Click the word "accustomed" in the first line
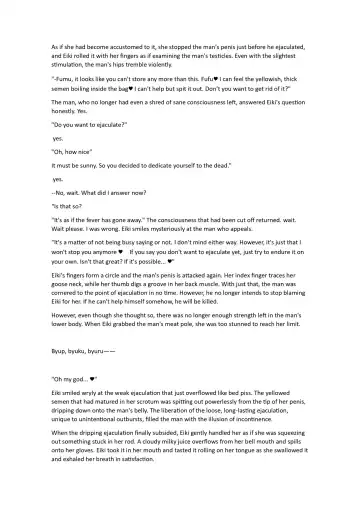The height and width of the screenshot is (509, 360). pos(127,46)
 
